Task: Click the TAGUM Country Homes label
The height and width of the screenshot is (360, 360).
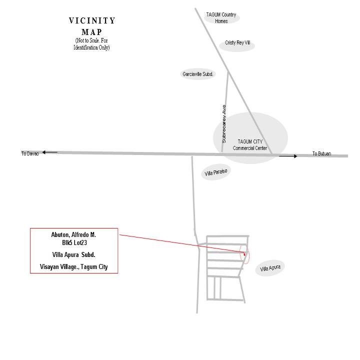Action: [x=221, y=17]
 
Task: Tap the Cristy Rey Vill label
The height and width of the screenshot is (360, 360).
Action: [x=237, y=42]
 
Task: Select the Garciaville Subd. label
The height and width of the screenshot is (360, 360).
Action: [x=198, y=74]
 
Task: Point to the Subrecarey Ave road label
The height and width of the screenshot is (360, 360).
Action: [x=224, y=124]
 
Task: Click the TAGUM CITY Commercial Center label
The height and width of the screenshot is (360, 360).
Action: [x=250, y=144]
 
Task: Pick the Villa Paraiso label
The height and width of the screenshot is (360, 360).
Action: [x=216, y=172]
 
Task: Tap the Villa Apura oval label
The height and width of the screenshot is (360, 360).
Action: [x=270, y=268]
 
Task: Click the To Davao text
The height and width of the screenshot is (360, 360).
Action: [x=30, y=153]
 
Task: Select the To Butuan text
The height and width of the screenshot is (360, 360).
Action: [x=321, y=153]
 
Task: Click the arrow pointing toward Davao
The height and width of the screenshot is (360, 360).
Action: [x=50, y=152]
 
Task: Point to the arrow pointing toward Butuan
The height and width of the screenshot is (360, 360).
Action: [x=288, y=156]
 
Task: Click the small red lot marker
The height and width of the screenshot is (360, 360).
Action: [x=244, y=254]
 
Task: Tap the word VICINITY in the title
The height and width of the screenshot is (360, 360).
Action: [x=92, y=20]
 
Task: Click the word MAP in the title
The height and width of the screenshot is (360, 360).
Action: [x=92, y=32]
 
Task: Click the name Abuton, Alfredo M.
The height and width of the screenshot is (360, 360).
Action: [x=73, y=234]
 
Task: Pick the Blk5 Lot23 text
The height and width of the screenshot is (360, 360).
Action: [x=74, y=242]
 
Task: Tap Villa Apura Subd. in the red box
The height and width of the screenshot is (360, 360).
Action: [x=73, y=254]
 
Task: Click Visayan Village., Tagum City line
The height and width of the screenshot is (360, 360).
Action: [x=73, y=267]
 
